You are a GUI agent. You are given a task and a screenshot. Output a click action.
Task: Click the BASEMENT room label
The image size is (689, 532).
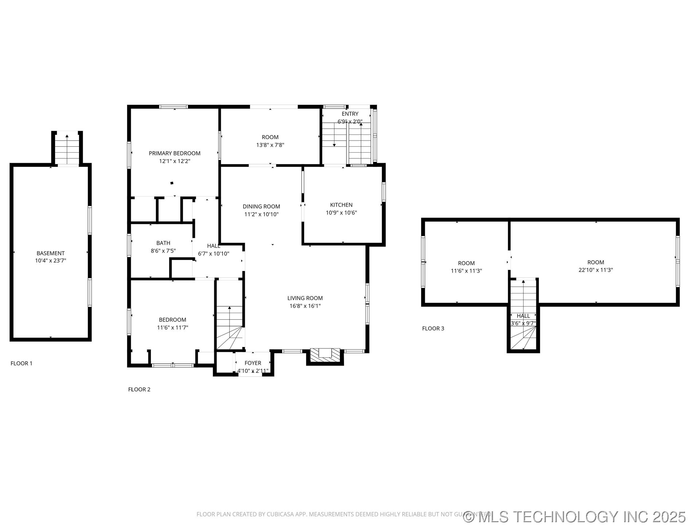(51, 253)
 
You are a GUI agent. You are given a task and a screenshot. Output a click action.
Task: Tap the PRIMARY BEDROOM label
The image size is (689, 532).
(175, 153)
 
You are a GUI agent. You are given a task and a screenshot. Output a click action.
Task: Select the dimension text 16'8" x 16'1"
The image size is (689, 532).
(305, 306)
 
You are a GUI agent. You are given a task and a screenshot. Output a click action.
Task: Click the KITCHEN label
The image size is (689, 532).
(341, 205)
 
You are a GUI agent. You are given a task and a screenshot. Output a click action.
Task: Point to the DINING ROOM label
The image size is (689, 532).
(261, 206)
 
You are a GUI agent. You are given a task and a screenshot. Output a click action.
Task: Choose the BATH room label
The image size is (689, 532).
(163, 243)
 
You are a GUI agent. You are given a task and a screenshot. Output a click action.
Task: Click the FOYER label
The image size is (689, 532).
(253, 363)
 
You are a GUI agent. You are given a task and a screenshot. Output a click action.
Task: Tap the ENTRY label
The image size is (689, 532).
(350, 114)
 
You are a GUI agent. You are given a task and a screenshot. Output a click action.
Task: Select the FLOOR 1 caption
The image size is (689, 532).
(21, 363)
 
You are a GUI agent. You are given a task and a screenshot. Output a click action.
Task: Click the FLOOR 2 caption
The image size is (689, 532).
(139, 390)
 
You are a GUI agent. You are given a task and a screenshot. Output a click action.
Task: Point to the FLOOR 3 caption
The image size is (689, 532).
(433, 328)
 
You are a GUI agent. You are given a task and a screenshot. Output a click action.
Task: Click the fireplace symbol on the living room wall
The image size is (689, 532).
(325, 355)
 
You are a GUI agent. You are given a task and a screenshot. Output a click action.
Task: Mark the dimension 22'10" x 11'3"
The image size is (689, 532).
(596, 270)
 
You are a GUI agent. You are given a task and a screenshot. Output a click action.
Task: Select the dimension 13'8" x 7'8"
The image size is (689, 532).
(270, 145)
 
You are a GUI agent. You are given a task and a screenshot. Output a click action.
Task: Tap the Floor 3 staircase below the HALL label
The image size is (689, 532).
(523, 337)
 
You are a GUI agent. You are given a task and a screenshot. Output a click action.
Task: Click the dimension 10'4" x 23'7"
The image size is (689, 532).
(51, 261)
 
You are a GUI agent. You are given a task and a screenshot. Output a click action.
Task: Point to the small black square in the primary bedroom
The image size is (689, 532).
(172, 183)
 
